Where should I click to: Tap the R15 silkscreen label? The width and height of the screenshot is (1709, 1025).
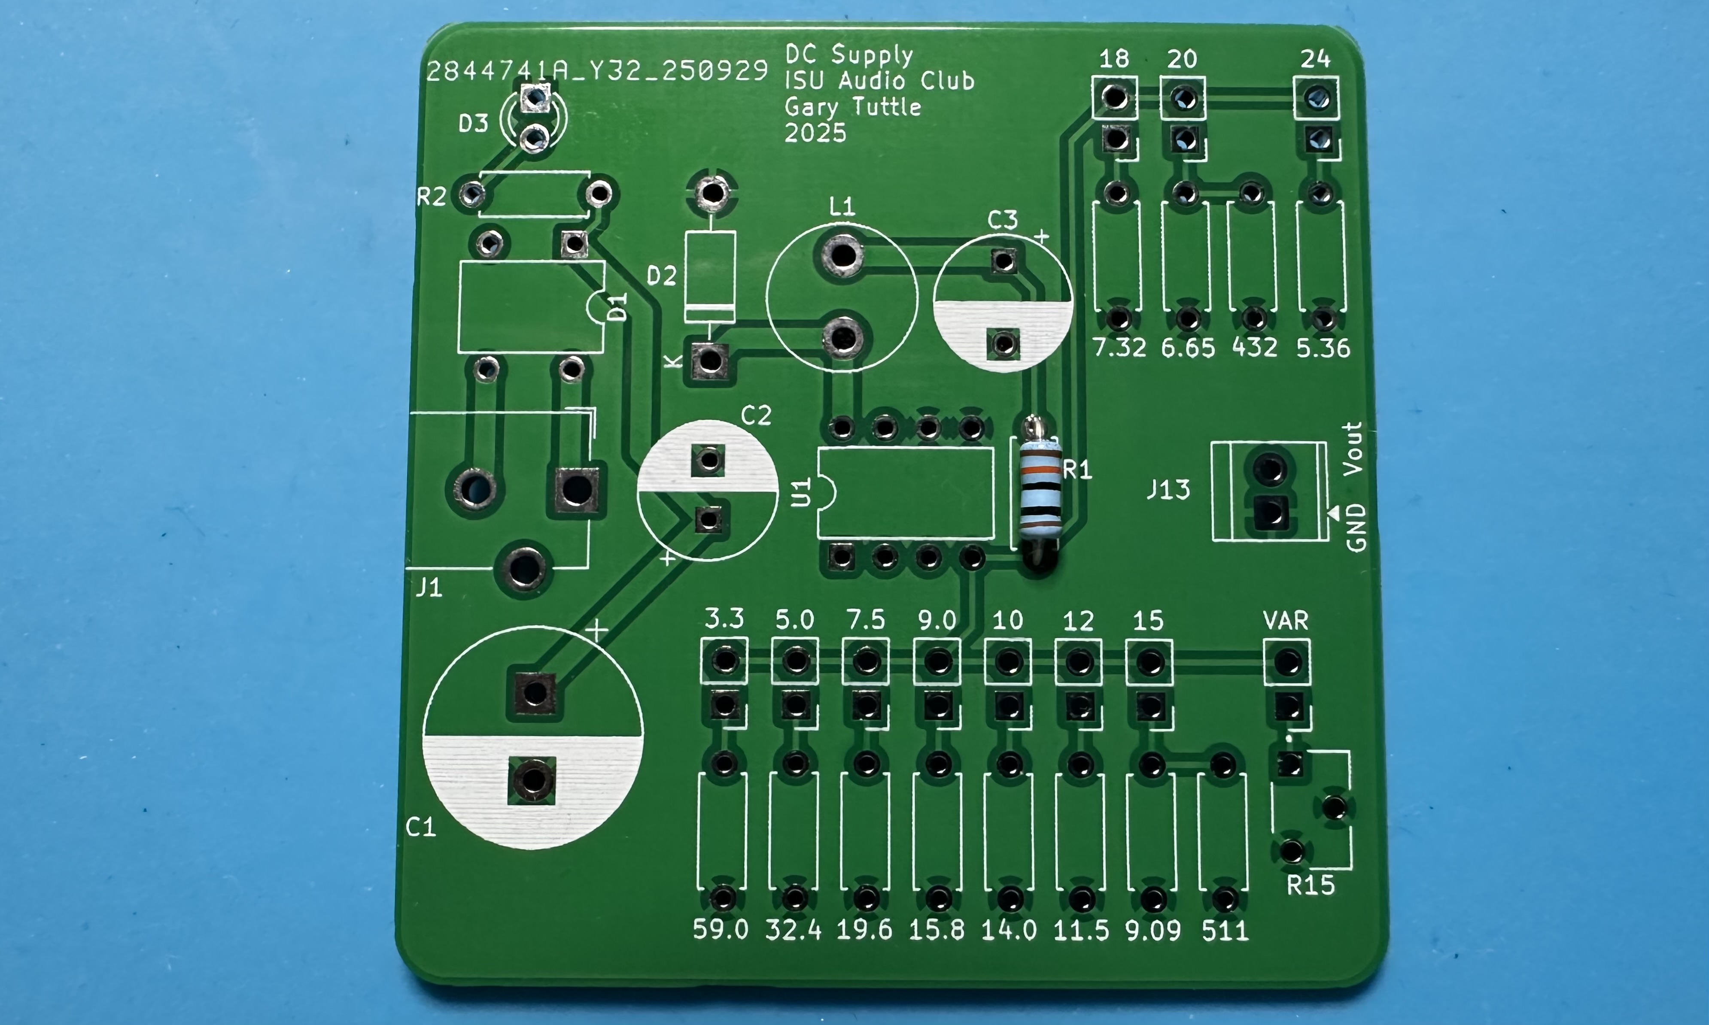1311,885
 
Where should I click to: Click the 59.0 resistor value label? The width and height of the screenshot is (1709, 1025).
721,930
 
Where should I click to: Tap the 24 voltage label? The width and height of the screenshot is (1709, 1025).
1314,59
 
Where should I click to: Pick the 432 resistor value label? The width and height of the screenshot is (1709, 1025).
1254,347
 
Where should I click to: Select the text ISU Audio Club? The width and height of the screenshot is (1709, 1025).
879,81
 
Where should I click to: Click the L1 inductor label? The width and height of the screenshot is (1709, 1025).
842,206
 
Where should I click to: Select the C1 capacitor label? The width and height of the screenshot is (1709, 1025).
421,827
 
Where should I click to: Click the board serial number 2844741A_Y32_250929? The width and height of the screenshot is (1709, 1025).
597,71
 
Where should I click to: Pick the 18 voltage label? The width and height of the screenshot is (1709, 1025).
1113,59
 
